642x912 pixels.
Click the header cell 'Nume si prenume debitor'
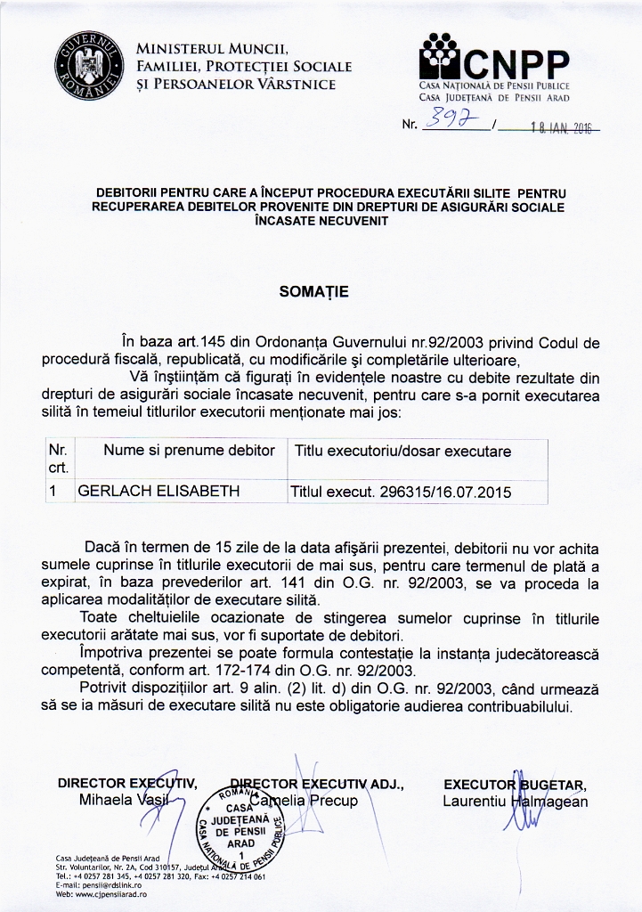(x=189, y=451)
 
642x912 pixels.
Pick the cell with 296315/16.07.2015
(x=403, y=490)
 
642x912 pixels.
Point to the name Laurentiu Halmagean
(x=515, y=801)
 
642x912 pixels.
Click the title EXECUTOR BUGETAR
(x=515, y=784)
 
